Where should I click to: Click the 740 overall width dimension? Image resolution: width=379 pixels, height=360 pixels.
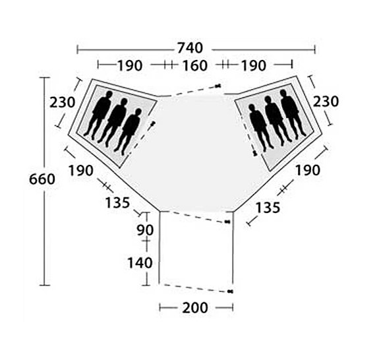click(x=189, y=48)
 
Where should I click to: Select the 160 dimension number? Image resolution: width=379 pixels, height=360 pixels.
click(x=194, y=65)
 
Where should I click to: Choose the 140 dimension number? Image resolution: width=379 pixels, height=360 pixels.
click(x=140, y=262)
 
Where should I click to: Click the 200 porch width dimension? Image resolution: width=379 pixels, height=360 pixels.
click(x=195, y=308)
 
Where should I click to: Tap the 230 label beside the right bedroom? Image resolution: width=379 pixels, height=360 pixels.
click(x=326, y=102)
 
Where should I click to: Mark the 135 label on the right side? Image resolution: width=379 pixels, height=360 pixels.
click(x=268, y=207)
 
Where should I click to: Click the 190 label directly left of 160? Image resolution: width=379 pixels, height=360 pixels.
click(x=130, y=65)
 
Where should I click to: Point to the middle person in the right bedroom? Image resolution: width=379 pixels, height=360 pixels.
click(x=275, y=119)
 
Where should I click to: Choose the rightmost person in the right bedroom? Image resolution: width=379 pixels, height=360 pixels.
click(x=291, y=113)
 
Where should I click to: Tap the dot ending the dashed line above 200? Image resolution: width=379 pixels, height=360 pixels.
click(x=229, y=291)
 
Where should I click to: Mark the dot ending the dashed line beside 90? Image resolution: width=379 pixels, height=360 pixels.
click(x=227, y=222)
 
